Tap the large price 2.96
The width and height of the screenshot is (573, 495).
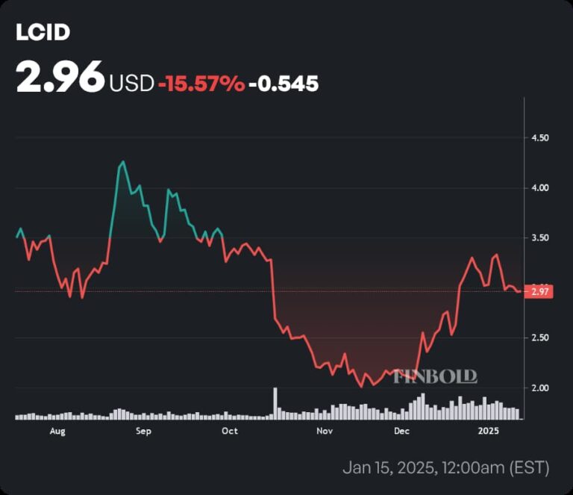click(x=60, y=78)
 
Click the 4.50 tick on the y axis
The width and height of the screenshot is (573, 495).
click(x=539, y=138)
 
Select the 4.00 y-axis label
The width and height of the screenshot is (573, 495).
click(x=539, y=188)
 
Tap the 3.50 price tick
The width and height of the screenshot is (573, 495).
click(x=539, y=238)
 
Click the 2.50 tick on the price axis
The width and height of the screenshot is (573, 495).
click(x=539, y=338)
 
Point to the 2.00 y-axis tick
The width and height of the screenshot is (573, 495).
click(x=539, y=388)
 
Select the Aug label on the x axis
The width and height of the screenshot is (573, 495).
click(x=57, y=431)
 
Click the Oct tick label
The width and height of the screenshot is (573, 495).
click(x=230, y=431)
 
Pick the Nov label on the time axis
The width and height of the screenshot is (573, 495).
click(x=324, y=431)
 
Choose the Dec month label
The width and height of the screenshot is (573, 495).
click(x=401, y=431)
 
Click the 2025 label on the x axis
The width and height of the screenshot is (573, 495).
click(x=489, y=431)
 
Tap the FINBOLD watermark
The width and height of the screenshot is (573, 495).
click(x=435, y=376)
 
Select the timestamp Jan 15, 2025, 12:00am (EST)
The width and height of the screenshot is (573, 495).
click(x=445, y=468)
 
